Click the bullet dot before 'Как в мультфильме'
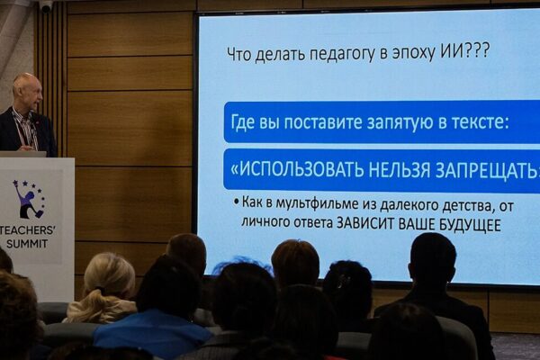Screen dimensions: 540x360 coord(236,202)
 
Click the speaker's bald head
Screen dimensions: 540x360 coord(27,90)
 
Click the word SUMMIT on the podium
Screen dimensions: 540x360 coord(27,244)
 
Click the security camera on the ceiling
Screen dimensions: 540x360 coord(46,7)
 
